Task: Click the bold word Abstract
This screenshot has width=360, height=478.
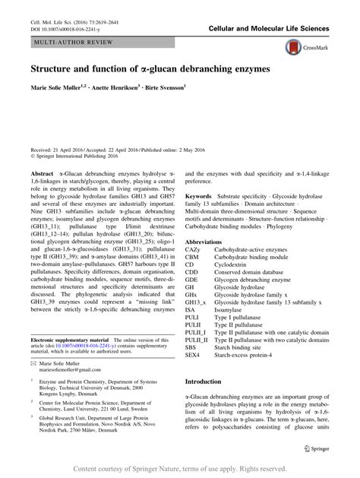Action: pyautogui.click(x=42, y=174)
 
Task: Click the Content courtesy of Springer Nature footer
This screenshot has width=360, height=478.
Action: pyautogui.click(x=179, y=470)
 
